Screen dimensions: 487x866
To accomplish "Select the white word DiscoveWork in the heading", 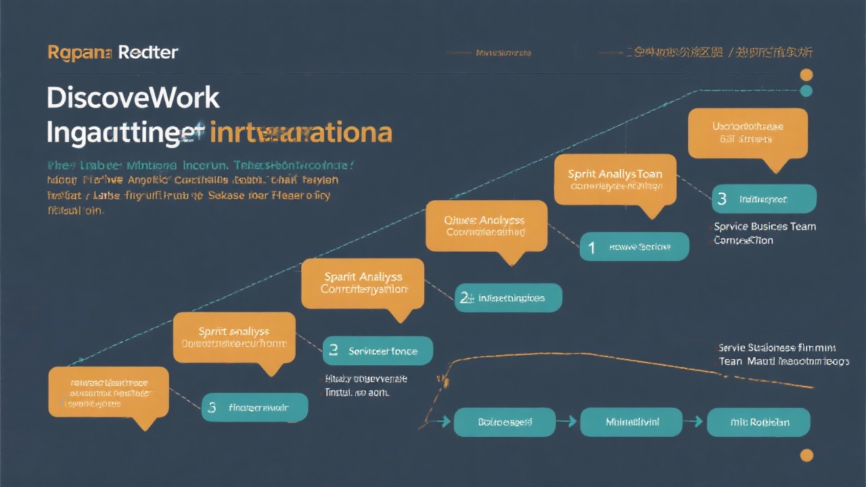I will pyautogui.click(x=133, y=98).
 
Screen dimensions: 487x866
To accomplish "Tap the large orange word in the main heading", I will pyautogui.click(x=301, y=132).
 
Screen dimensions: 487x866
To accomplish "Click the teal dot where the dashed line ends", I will pyautogui.click(x=806, y=91).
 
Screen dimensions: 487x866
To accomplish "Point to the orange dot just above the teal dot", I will pyautogui.click(x=806, y=74).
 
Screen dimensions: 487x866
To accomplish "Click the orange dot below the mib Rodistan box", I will pyautogui.click(x=806, y=455).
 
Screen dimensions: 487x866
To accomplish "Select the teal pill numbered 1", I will pyautogui.click(x=634, y=247).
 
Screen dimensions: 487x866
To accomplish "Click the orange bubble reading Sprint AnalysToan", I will pyautogui.click(x=615, y=179).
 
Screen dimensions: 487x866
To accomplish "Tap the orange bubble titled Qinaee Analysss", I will pyautogui.click(x=486, y=225).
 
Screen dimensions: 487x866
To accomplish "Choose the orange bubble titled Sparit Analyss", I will pyautogui.click(x=363, y=283).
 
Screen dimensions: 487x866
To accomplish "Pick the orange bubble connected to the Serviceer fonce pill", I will pyautogui.click(x=234, y=337).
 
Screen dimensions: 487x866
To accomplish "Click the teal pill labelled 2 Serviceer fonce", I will pyautogui.click(x=378, y=351).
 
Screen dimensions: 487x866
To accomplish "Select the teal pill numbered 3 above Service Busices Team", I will pyautogui.click(x=764, y=199).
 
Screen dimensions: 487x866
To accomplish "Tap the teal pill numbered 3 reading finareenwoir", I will pyautogui.click(x=254, y=407).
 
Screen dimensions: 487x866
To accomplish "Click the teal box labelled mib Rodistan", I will pyautogui.click(x=759, y=422).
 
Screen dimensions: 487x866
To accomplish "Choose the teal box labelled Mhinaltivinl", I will pyautogui.click(x=632, y=422).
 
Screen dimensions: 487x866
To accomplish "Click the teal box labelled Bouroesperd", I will pyautogui.click(x=505, y=422).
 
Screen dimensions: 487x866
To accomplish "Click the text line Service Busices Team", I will pyautogui.click(x=765, y=227).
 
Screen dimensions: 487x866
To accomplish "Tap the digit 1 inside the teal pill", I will pyautogui.click(x=591, y=248).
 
